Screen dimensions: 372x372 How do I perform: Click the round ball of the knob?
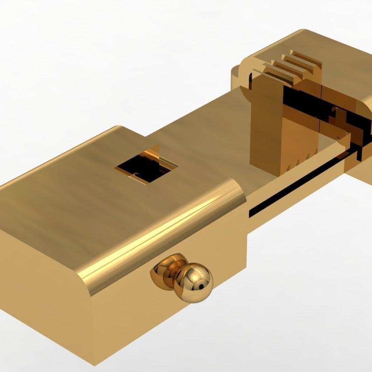pyautogui.click(x=193, y=284)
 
